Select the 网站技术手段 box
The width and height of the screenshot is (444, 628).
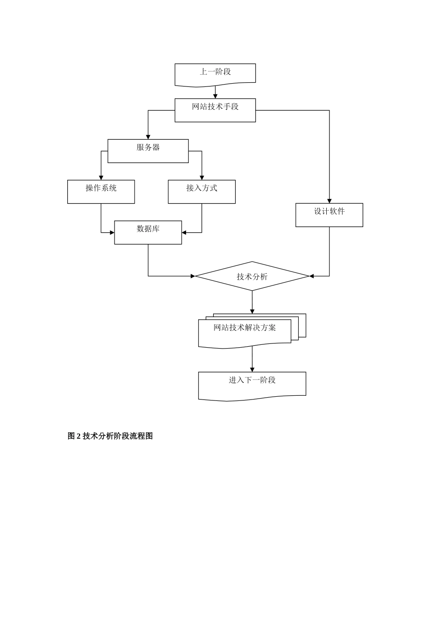pos(215,110)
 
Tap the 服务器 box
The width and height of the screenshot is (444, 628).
pos(148,150)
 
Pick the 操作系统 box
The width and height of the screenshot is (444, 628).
pos(101,192)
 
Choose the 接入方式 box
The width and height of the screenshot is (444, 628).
pos(201,192)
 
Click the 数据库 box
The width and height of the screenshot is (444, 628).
pos(148,232)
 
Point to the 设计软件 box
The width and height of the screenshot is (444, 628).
pos(329,215)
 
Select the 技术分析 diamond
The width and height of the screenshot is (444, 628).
pos(252,276)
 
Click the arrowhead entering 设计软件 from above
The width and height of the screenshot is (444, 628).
pos(329,201)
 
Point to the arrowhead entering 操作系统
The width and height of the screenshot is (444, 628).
pos(101,178)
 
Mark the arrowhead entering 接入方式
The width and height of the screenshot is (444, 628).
pos(202,178)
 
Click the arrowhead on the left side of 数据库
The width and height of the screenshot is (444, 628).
pos(112,232)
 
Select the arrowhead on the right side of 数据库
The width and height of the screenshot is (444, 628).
pos(184,232)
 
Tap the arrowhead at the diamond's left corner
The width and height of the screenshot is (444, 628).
pos(193,276)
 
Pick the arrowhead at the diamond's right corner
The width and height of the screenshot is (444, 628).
pos(312,276)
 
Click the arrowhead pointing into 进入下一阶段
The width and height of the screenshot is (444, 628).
pos(252,370)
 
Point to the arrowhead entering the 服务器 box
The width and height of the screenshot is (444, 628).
pos(148,137)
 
